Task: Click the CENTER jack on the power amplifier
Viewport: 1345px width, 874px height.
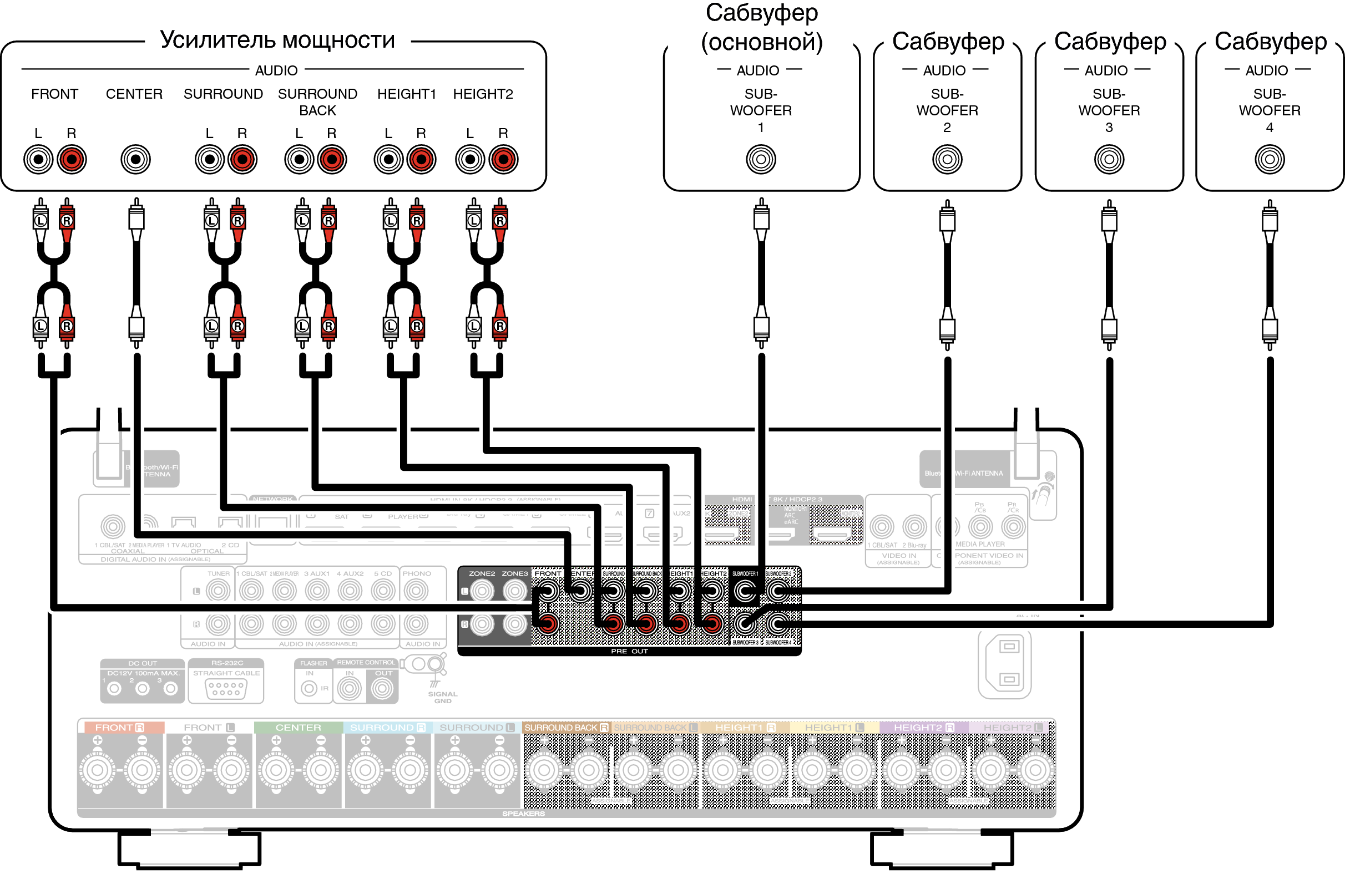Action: pos(135,159)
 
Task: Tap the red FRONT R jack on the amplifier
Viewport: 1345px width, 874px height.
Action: pos(71,159)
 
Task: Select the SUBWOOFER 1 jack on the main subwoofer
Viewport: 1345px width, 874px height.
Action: pos(761,159)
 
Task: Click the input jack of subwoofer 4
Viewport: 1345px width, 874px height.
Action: pos(1270,159)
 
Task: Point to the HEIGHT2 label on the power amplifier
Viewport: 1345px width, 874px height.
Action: pos(483,94)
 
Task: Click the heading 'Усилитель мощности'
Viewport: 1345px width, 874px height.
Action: pos(277,40)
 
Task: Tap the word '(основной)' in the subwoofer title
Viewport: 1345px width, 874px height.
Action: pos(761,42)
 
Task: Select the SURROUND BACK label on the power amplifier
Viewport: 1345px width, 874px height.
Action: pos(317,101)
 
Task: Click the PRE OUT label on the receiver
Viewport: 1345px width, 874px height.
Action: pos(629,652)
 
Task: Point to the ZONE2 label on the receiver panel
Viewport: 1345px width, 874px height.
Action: pos(482,573)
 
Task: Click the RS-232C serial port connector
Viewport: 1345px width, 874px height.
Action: pos(226,689)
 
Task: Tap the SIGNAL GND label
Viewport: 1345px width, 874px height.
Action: pos(442,697)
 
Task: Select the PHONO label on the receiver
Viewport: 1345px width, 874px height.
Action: pos(417,573)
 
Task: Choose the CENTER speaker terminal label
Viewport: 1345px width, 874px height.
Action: pos(298,728)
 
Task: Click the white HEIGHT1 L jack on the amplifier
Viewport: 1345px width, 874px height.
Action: pos(388,159)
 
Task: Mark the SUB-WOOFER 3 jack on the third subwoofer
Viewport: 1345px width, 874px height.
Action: pos(1109,159)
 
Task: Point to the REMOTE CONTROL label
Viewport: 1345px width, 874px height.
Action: pos(366,662)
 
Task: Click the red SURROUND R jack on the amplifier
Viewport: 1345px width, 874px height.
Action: pos(242,159)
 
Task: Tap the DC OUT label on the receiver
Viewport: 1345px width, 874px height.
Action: pos(143,663)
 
